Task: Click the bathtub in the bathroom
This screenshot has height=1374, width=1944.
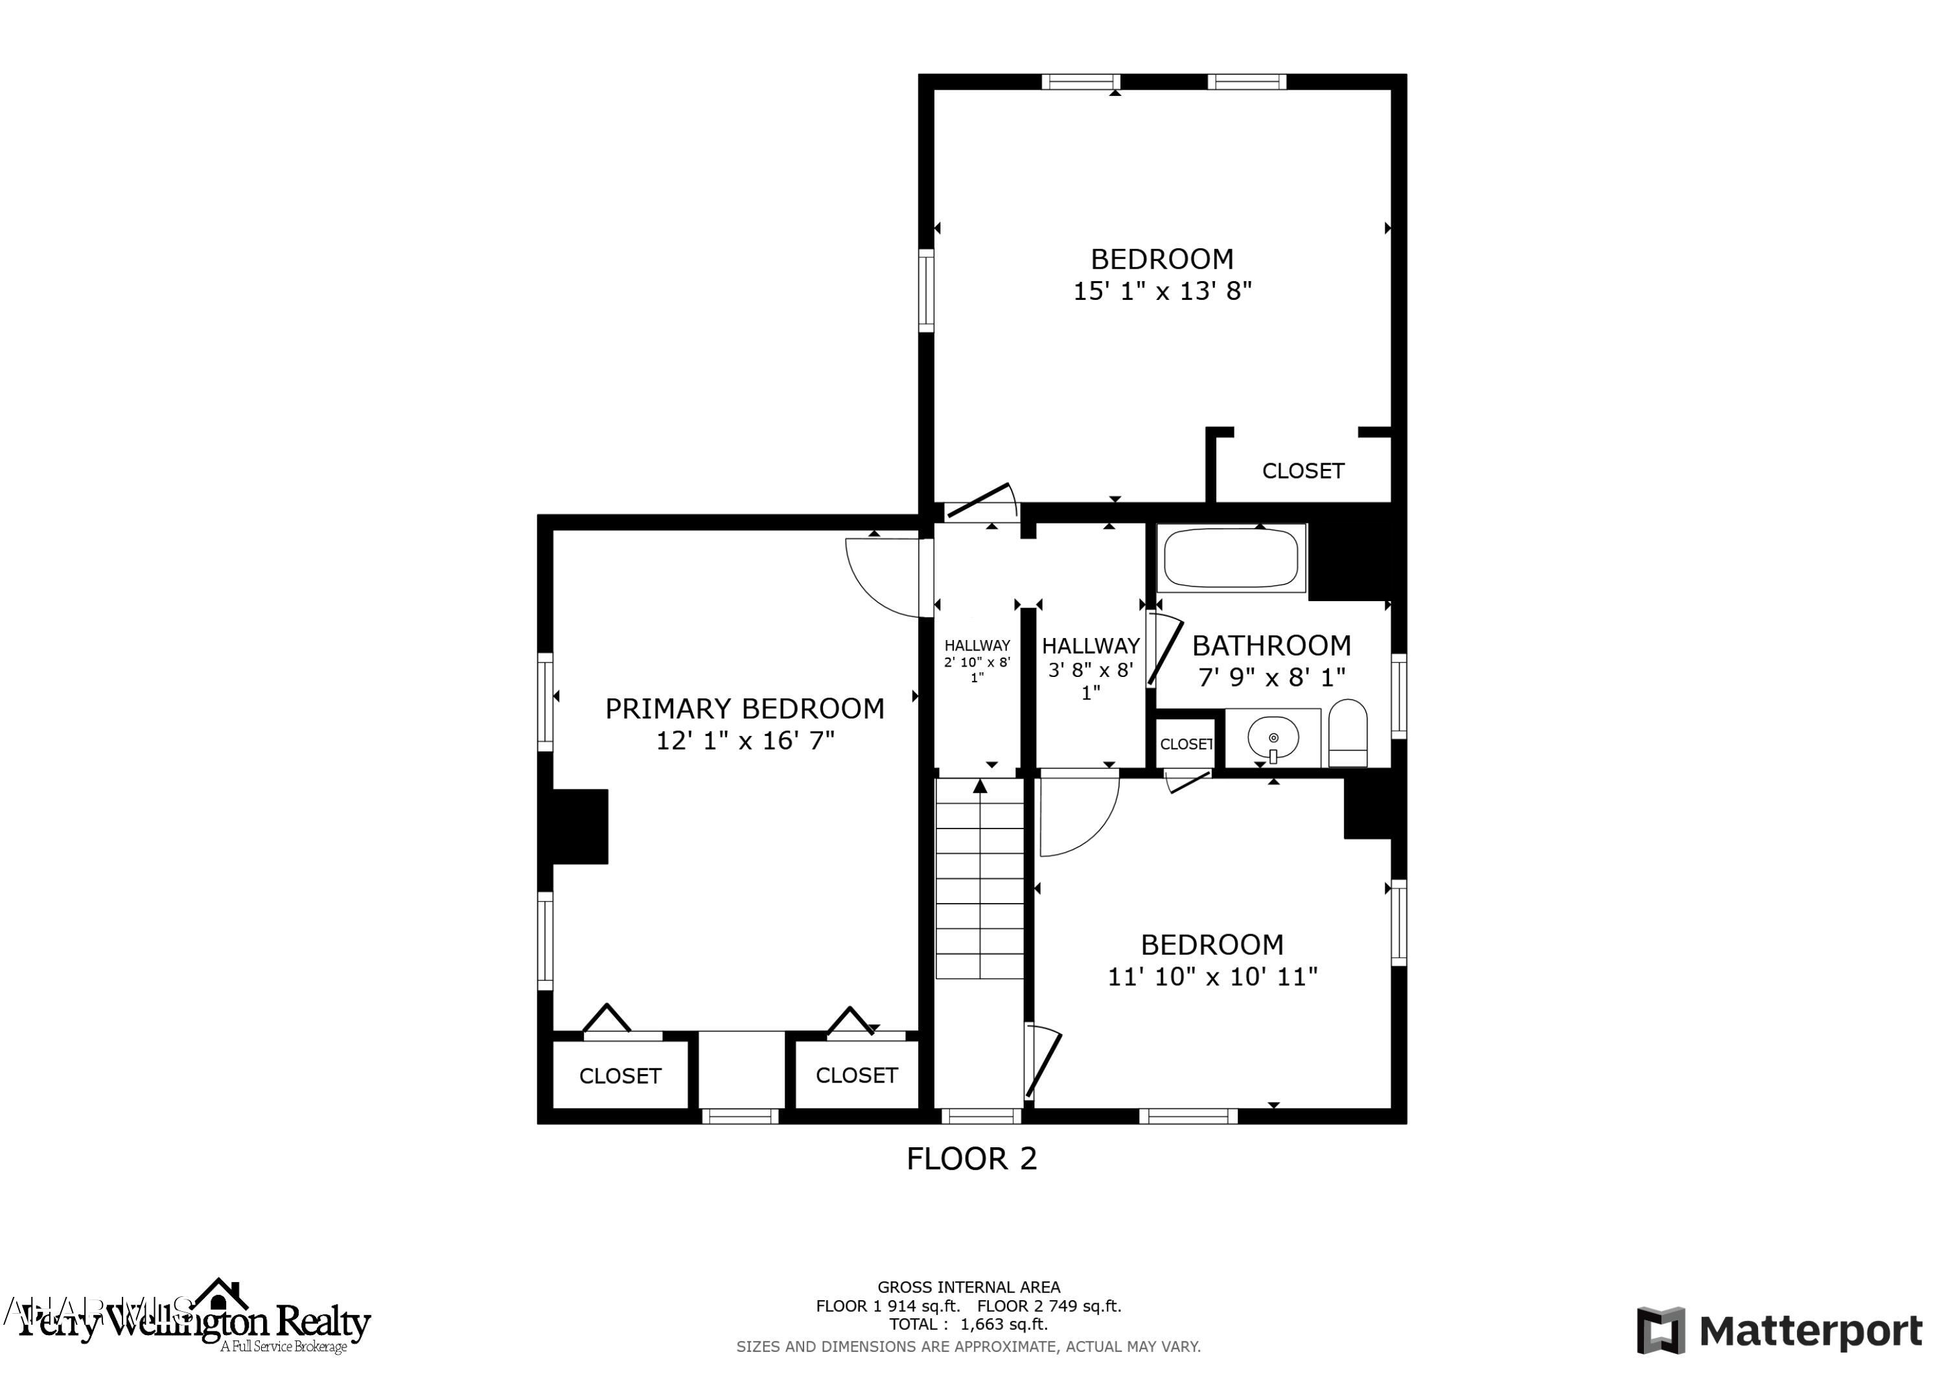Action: (x=1231, y=558)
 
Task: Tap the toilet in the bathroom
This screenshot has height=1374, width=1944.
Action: (x=1348, y=733)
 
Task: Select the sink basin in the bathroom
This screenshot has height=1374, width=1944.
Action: (x=1273, y=737)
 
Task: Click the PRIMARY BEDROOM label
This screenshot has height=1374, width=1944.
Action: (x=745, y=709)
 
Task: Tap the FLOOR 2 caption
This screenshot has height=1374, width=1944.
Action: (x=971, y=1159)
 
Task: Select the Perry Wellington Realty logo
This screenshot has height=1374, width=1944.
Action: (x=195, y=1321)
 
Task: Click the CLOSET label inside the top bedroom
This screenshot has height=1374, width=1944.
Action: (x=1302, y=471)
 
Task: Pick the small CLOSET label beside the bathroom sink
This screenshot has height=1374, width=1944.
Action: (x=1185, y=744)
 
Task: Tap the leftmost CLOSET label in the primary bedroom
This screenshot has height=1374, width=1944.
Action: (x=619, y=1076)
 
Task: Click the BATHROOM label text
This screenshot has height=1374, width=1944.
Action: (x=1271, y=646)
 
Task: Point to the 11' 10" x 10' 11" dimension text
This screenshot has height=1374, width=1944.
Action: (x=1212, y=977)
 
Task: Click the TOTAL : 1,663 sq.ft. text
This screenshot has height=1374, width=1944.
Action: (x=967, y=1324)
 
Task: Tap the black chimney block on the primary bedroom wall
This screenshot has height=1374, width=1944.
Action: (x=580, y=826)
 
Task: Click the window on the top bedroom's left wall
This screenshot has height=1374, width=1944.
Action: (x=926, y=290)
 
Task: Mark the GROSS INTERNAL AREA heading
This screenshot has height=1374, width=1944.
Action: (x=967, y=1288)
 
